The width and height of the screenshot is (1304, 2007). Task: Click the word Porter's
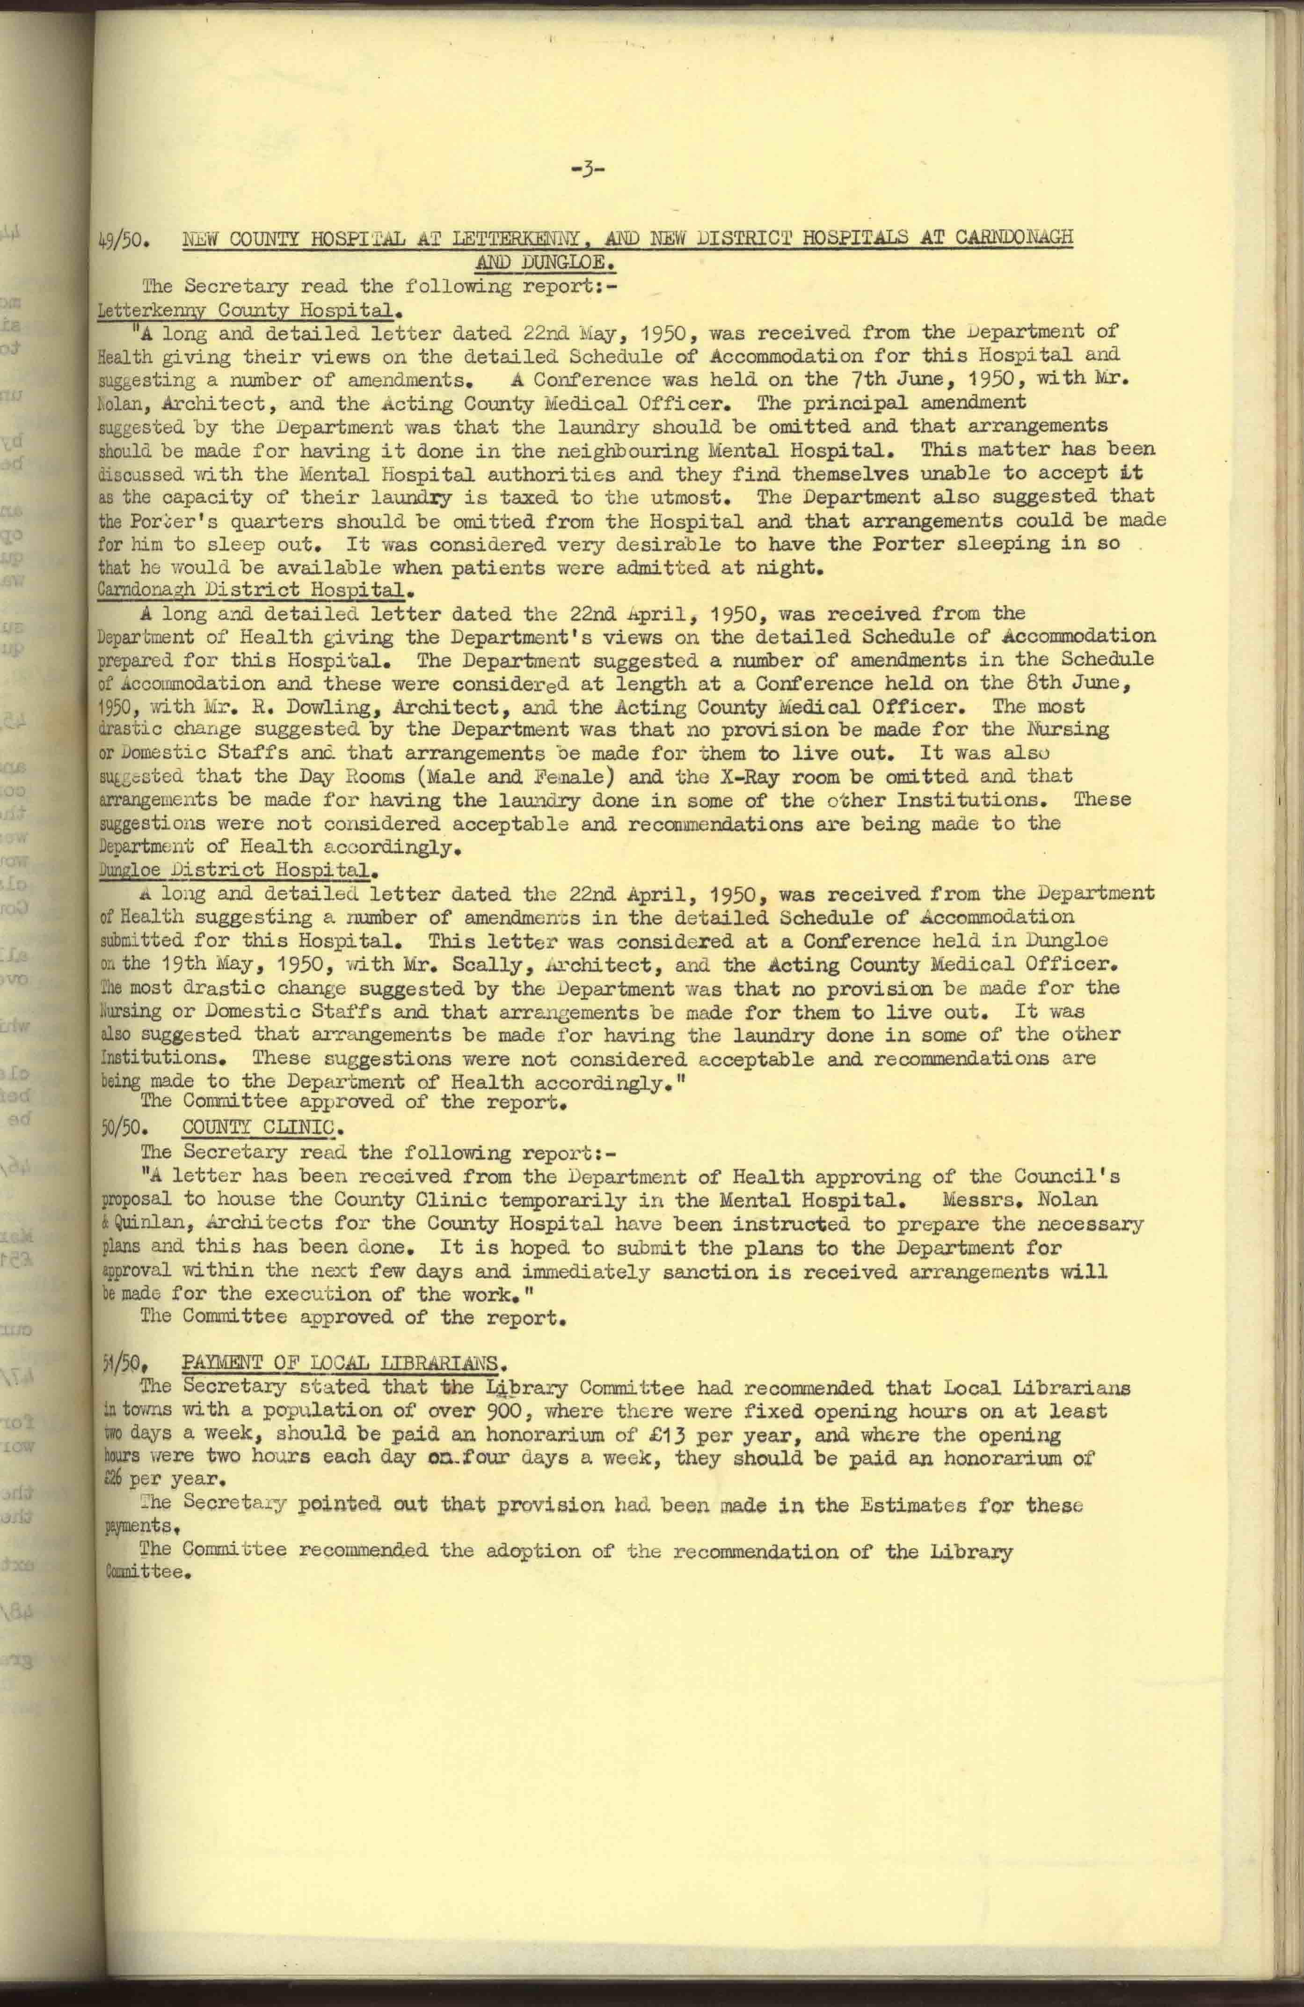179,520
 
